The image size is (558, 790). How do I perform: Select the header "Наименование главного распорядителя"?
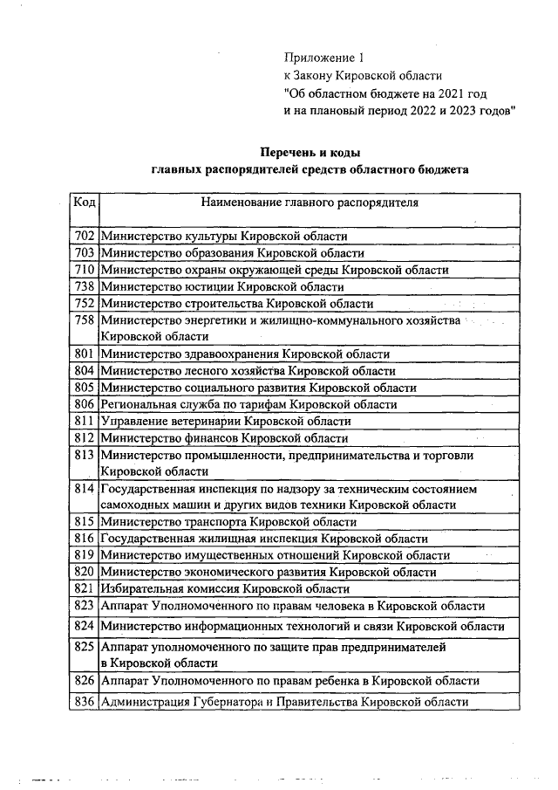(x=309, y=203)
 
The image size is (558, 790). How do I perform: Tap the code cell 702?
(x=85, y=237)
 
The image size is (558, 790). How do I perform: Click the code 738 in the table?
(x=85, y=286)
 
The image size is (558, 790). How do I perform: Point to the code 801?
(x=85, y=354)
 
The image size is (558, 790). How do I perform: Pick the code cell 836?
(x=85, y=702)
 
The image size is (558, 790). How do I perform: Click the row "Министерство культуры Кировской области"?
(x=225, y=237)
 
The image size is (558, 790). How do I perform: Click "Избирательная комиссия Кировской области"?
(x=226, y=589)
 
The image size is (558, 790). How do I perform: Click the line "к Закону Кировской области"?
(x=363, y=75)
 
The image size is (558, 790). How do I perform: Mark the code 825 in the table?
(x=85, y=649)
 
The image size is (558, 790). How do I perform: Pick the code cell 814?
(x=85, y=488)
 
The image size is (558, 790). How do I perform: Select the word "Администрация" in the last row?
(x=143, y=702)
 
